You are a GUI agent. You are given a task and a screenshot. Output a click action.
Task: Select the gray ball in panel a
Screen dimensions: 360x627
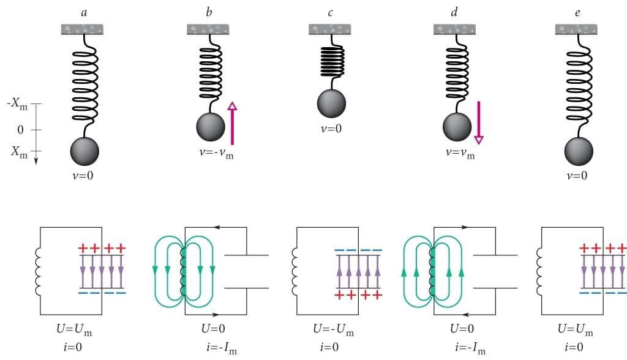point(84,151)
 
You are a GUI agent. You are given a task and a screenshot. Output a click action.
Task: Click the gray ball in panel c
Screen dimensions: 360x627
point(331,103)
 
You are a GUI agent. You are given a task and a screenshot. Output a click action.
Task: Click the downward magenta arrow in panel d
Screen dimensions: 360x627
point(479,122)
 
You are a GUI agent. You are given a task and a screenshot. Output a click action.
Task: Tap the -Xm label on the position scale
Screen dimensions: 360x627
point(18,104)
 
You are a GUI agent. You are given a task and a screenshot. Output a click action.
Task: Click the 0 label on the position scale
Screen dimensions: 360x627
point(20,129)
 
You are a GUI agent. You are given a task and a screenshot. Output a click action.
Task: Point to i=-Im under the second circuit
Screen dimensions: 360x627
point(222,350)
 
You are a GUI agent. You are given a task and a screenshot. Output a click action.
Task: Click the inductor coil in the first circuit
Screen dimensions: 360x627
point(43,271)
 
